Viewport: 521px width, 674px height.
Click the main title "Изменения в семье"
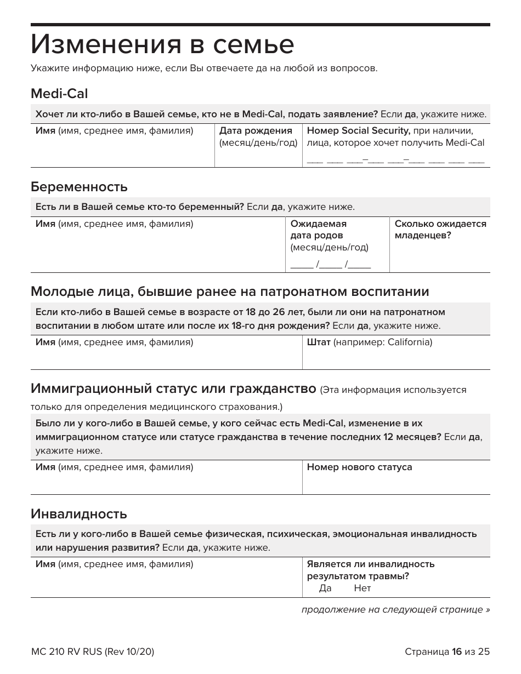pos(162,45)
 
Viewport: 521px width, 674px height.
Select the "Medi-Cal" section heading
pos(59,94)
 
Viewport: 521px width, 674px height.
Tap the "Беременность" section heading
pos(79,187)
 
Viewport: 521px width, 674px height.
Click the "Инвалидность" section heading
pos(79,514)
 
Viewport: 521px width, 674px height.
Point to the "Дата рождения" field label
pos(256,131)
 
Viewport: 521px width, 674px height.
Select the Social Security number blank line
pos(395,161)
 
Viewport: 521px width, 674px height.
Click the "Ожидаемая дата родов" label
pos(318,230)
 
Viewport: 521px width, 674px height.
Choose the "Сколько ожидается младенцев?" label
pos(440,230)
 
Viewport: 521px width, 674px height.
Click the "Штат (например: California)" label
pos(369,342)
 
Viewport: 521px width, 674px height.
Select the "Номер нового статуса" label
pos(359,467)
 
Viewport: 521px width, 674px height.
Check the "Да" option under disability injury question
pos(325,588)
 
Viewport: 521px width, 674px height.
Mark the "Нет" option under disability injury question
pos(362,588)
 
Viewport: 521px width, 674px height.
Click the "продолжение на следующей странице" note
pos(395,610)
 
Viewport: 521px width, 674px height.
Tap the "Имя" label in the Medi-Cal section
pos(45,131)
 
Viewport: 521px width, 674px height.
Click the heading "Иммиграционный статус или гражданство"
pos(173,390)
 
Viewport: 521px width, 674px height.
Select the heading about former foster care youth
pos(230,291)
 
